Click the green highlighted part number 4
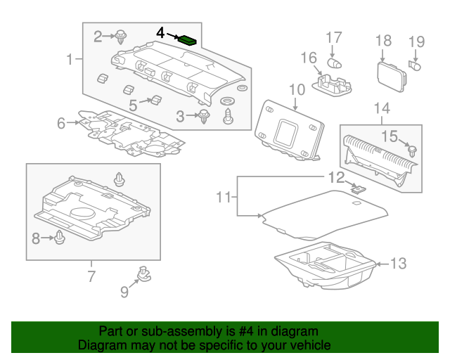pos(187,40)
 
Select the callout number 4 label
pos(160,33)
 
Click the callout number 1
pos(70,60)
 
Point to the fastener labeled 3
pos(205,116)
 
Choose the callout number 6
pos(61,124)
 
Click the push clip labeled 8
pos(60,239)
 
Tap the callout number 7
pos(91,276)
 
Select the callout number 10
pos(296,89)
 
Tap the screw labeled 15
pos(412,150)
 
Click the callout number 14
pos(381,108)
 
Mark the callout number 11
pos(223,198)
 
